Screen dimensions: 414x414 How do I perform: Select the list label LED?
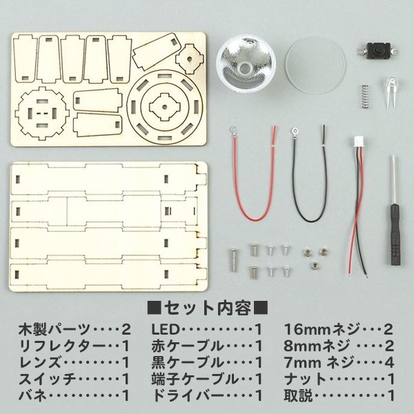tap(164, 328)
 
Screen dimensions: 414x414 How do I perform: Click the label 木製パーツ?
tap(41, 328)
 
